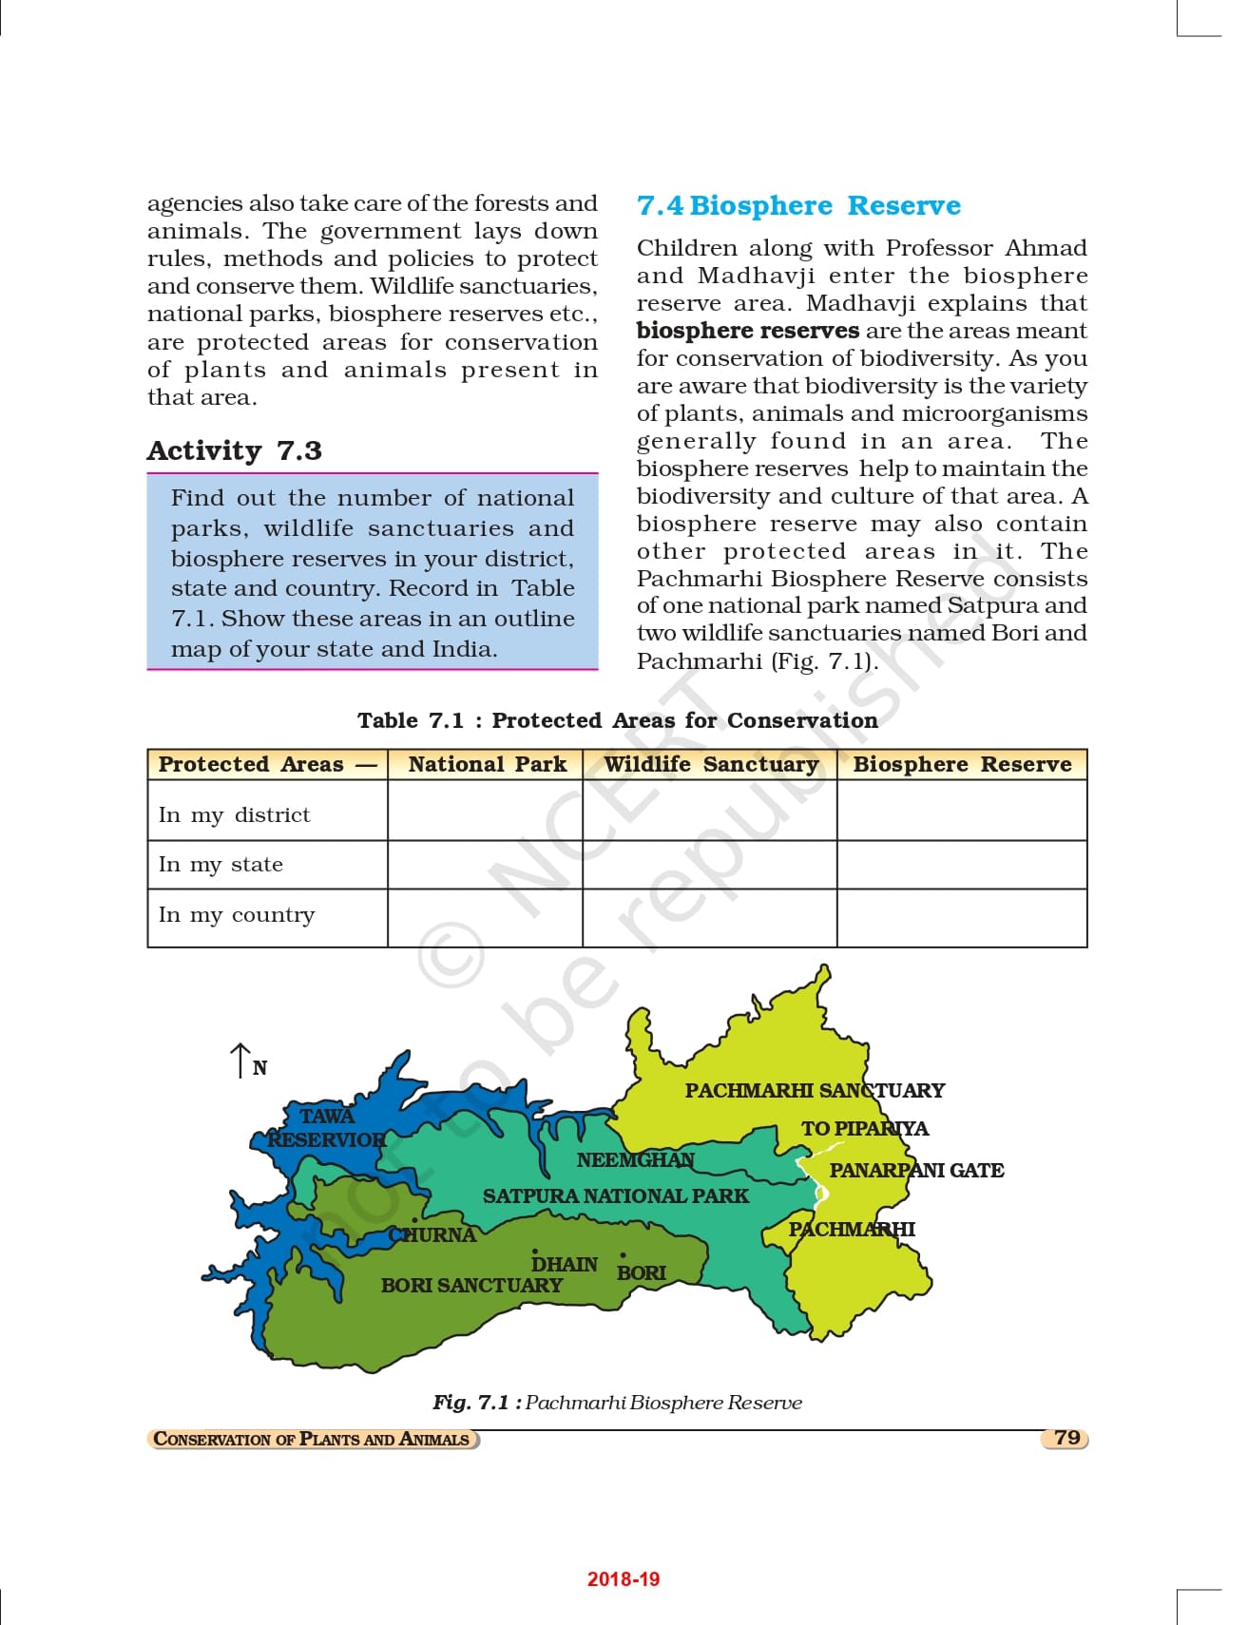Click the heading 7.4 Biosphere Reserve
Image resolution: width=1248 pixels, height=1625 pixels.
point(798,206)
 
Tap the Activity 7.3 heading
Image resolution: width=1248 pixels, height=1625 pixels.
point(235,450)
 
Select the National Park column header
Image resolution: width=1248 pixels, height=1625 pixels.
point(487,765)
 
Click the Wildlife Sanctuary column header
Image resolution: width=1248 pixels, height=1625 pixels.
point(710,765)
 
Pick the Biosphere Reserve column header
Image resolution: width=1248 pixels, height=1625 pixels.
point(962,765)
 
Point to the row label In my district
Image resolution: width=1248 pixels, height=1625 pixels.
point(235,815)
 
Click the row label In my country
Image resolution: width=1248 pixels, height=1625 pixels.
point(237,915)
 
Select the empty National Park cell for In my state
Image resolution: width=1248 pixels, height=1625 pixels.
point(485,865)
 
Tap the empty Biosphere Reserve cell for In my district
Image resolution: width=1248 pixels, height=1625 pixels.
point(962,811)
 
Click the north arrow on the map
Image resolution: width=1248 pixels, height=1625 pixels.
point(240,1061)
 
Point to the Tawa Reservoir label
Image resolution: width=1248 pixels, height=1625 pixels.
point(326,1128)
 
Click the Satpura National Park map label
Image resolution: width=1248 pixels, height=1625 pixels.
point(615,1196)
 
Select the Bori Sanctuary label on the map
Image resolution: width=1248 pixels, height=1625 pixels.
point(471,1286)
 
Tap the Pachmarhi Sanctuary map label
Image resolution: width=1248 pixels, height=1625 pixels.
point(815,1091)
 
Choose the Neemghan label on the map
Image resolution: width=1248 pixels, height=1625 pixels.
point(635,1160)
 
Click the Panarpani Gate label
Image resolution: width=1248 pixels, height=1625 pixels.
point(916,1171)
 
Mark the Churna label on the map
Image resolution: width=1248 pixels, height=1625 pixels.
point(433,1235)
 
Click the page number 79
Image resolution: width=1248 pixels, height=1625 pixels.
point(1066,1438)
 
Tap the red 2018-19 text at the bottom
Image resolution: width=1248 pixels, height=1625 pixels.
point(623,1579)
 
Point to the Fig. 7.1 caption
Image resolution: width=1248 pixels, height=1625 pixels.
point(617,1403)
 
